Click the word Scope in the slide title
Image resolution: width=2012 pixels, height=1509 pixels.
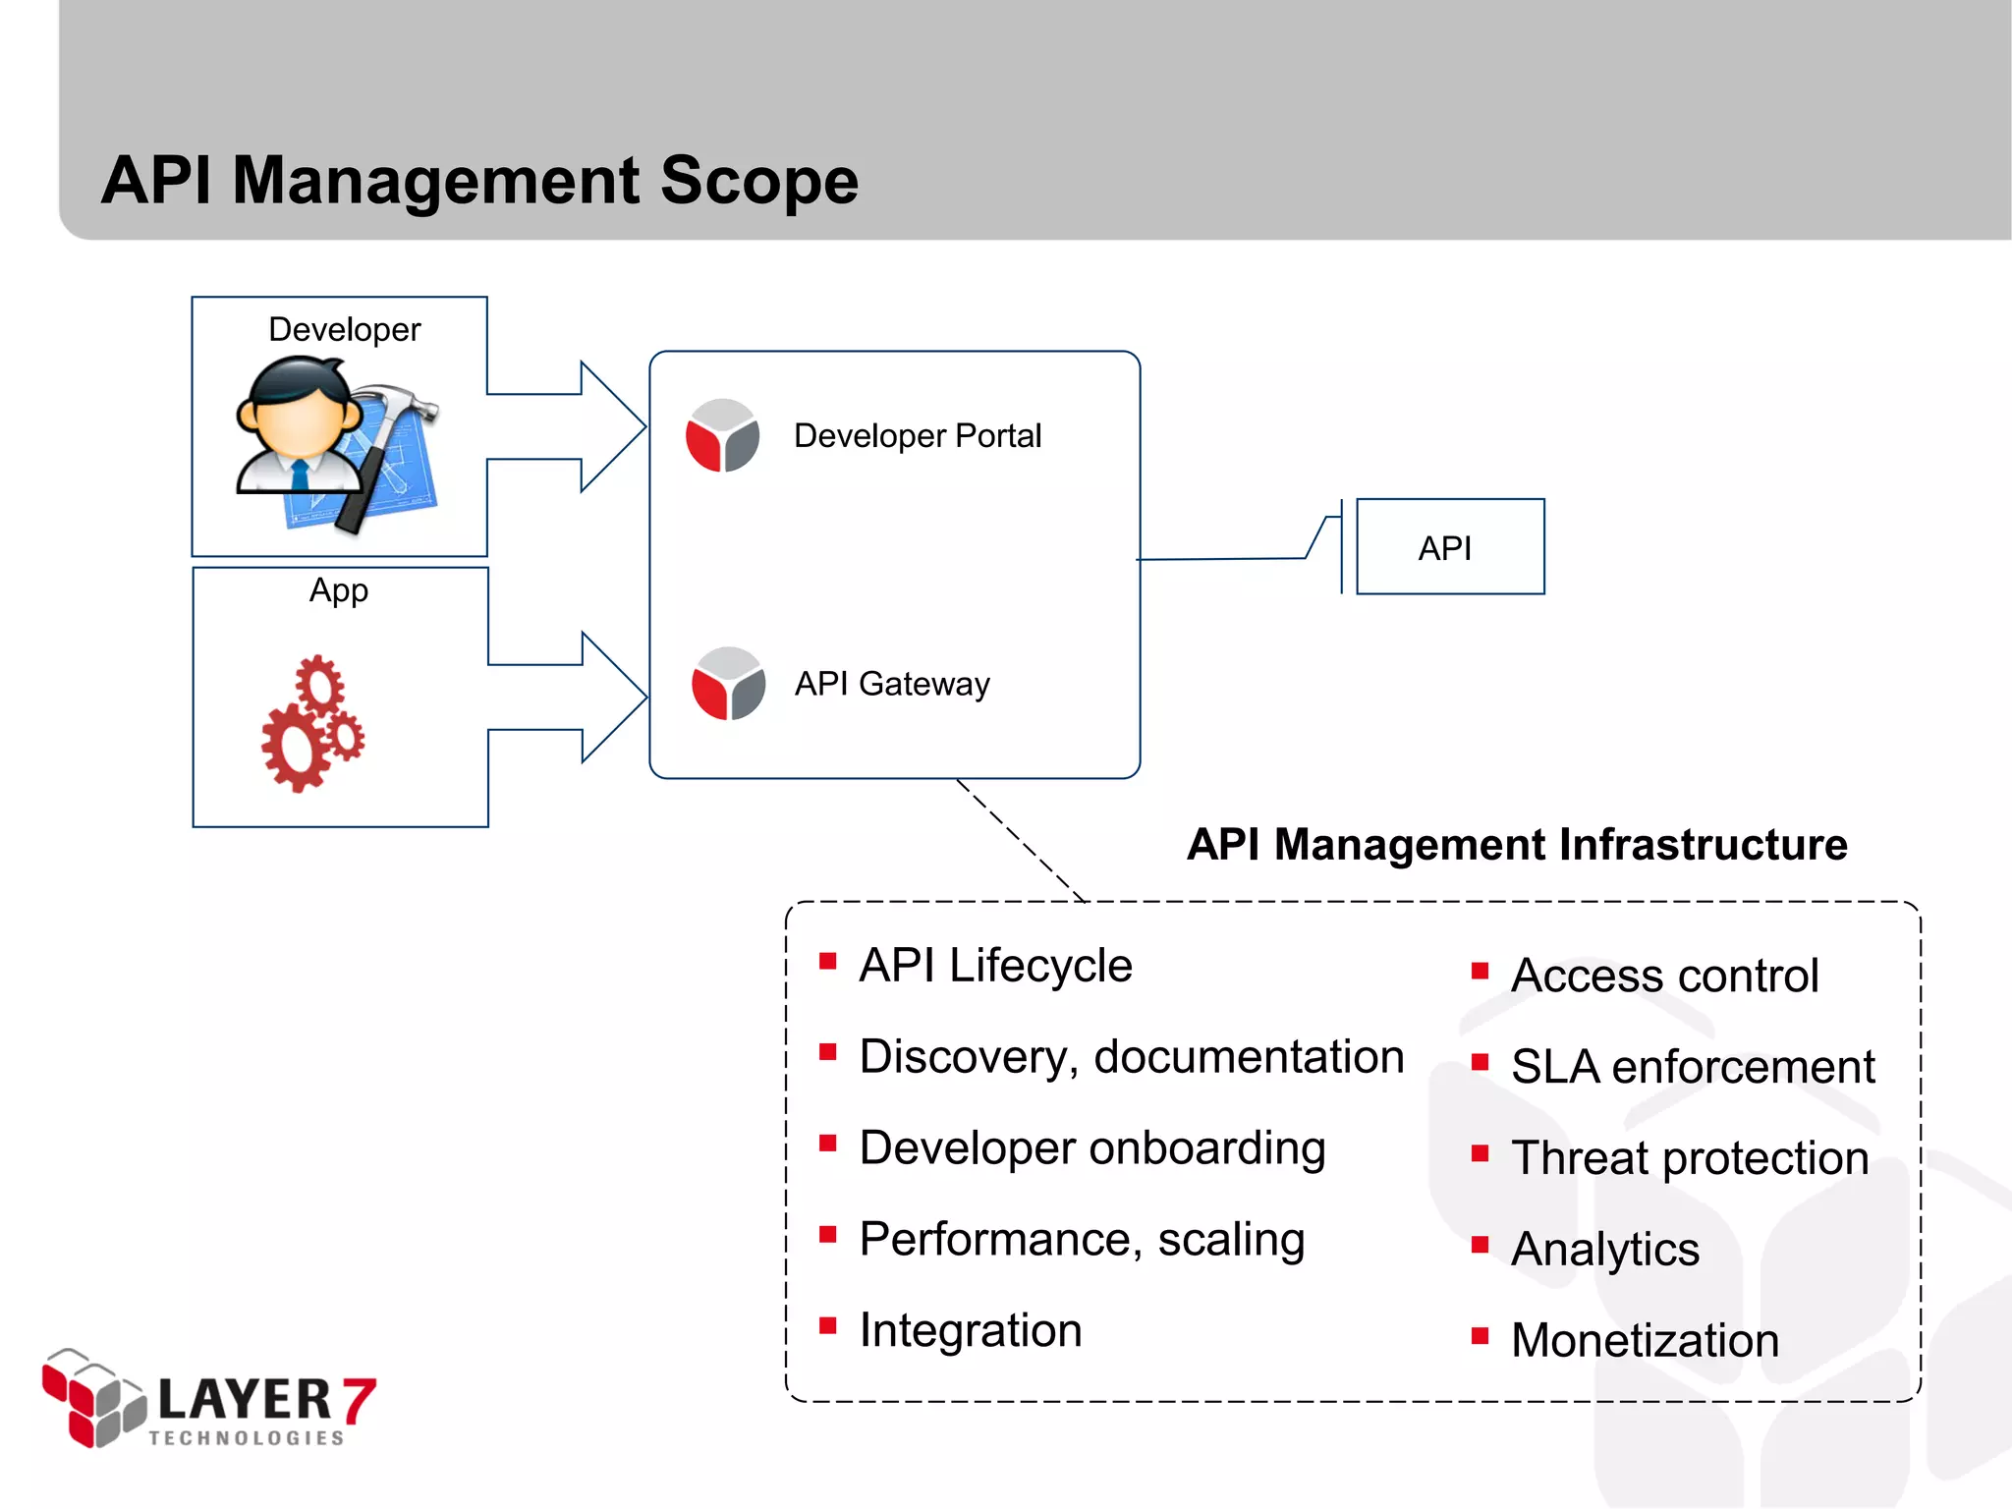pyautogui.click(x=758, y=182)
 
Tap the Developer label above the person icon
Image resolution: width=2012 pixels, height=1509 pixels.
pyautogui.click(x=344, y=329)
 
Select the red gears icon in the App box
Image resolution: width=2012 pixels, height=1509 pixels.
pyautogui.click(x=312, y=723)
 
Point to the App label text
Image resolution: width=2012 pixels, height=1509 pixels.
pyautogui.click(x=339, y=590)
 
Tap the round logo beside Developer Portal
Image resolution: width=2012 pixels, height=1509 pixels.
pyautogui.click(x=722, y=435)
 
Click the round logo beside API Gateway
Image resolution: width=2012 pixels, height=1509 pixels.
pyautogui.click(x=728, y=684)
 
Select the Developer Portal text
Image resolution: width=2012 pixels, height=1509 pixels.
pyautogui.click(x=917, y=435)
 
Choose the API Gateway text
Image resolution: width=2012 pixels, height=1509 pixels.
pyautogui.click(x=892, y=684)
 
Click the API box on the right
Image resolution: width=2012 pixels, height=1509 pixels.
pyautogui.click(x=1449, y=547)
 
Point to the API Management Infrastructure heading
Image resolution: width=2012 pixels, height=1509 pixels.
pyautogui.click(x=1517, y=845)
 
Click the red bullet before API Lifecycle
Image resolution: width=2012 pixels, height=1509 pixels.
pyautogui.click(x=828, y=961)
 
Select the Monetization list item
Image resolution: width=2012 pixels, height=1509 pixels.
pyautogui.click(x=1645, y=1341)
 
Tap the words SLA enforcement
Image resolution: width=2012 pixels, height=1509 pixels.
pyautogui.click(x=1692, y=1067)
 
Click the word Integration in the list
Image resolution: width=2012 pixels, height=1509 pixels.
pyautogui.click(x=971, y=1330)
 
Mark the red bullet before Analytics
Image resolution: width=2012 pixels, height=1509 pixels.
pyautogui.click(x=1481, y=1245)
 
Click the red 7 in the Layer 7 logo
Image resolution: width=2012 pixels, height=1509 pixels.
pyautogui.click(x=360, y=1400)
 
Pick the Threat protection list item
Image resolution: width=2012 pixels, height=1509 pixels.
pyautogui.click(x=1690, y=1158)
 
